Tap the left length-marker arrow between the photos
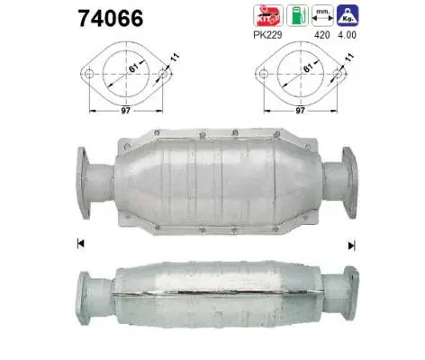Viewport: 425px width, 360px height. (x=80, y=242)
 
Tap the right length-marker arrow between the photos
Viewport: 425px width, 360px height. (x=351, y=243)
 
